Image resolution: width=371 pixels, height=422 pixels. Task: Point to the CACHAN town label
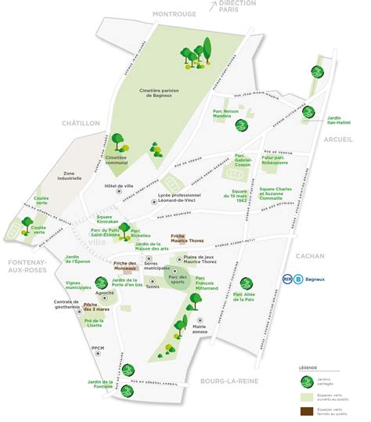tap(305, 255)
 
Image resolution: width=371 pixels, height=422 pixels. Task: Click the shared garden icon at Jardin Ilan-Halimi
tap(308, 111)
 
